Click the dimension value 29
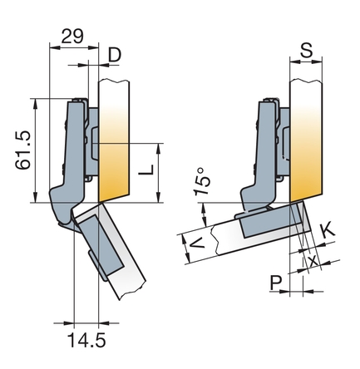(72, 36)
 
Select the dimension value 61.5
(23, 150)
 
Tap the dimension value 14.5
(86, 340)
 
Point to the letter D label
(115, 55)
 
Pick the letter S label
(307, 50)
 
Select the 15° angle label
(202, 181)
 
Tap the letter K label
(328, 231)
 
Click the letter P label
(276, 283)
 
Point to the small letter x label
(313, 261)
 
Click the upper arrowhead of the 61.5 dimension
(35, 102)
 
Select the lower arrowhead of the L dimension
(159, 198)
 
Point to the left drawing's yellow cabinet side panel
(114, 140)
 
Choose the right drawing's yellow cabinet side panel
(306, 140)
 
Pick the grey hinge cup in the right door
(270, 222)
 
